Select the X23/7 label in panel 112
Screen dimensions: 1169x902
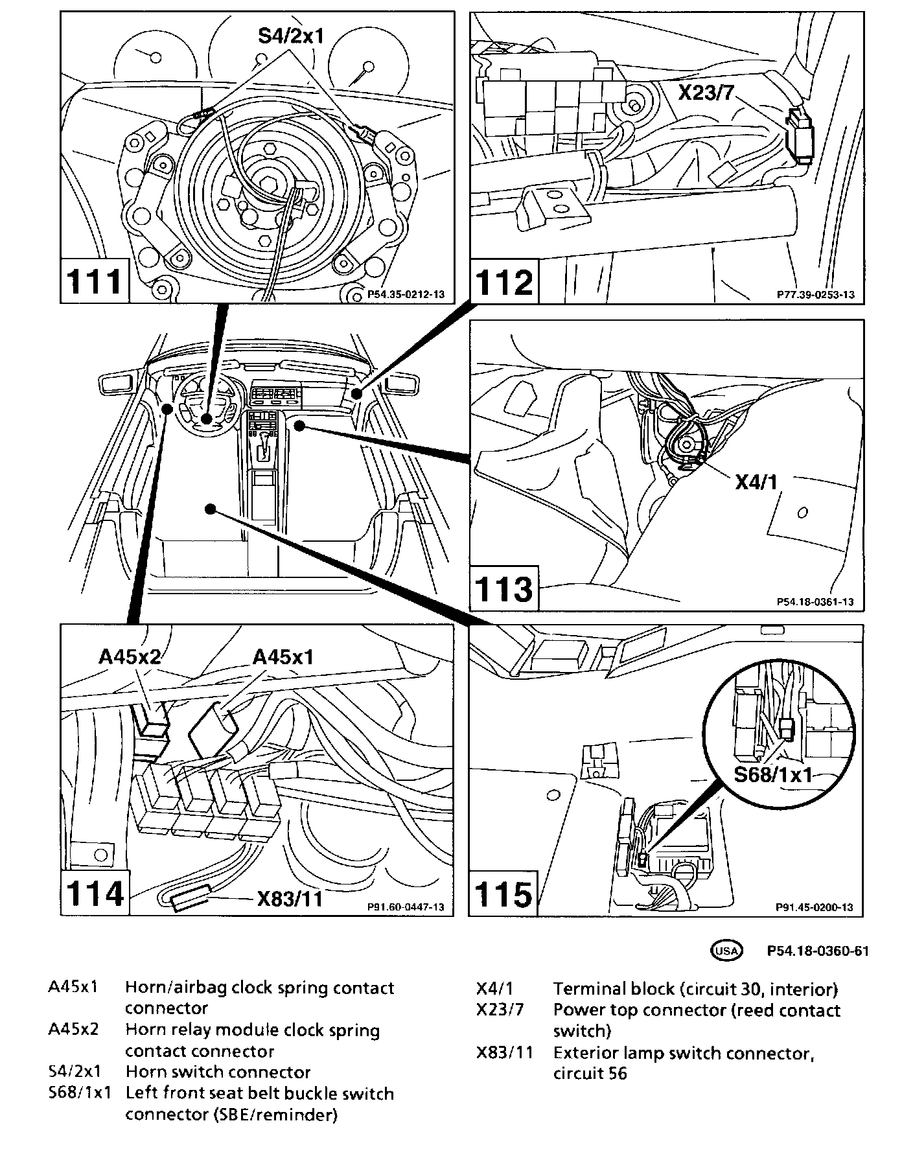point(706,93)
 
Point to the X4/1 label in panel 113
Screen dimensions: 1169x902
point(756,481)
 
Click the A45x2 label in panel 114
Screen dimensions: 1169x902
point(130,657)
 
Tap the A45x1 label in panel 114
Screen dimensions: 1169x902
point(283,657)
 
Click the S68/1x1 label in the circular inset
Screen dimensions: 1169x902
point(773,774)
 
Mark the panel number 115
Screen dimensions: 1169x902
point(504,894)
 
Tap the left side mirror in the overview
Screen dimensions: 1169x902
point(118,383)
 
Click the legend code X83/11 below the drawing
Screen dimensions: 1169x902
point(504,1053)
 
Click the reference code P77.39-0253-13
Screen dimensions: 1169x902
point(816,295)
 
